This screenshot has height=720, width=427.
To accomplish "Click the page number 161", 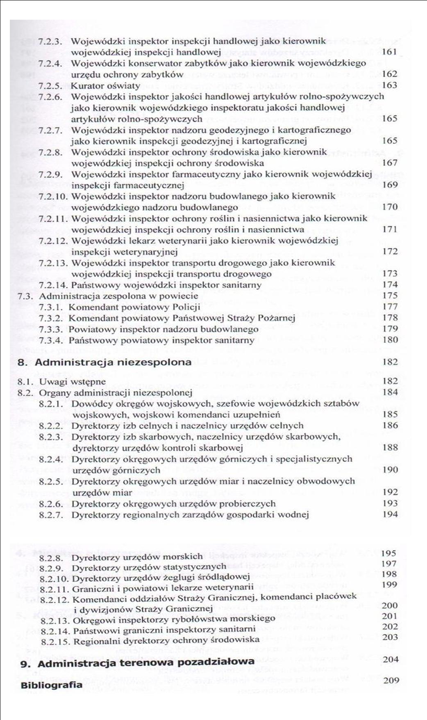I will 389,52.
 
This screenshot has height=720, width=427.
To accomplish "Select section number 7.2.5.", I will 50,86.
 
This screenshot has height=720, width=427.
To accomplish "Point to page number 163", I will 389,85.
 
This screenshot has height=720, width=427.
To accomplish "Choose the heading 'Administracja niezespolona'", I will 113,362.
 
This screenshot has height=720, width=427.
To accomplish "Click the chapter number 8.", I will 23,362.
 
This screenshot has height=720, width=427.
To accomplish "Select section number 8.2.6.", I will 51,504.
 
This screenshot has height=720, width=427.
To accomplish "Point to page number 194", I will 390,514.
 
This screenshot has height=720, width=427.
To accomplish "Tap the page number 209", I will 391,680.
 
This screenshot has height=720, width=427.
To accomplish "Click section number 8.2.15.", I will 55,640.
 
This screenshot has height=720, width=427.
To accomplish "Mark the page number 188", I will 390,447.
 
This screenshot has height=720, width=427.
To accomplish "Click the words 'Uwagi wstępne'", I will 72,382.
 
